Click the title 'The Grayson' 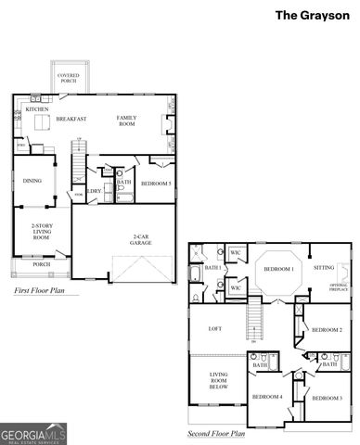[312, 15]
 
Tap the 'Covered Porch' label [68, 77]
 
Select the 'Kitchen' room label [37, 108]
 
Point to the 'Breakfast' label [71, 119]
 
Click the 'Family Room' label [126, 121]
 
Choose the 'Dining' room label [32, 181]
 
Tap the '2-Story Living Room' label [40, 231]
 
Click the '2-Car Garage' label [141, 238]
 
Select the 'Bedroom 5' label [155, 184]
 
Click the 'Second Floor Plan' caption [215, 433]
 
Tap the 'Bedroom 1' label [278, 269]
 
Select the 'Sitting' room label [324, 268]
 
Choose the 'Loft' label [214, 328]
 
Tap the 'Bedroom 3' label [327, 398]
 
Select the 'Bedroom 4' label [268, 397]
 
